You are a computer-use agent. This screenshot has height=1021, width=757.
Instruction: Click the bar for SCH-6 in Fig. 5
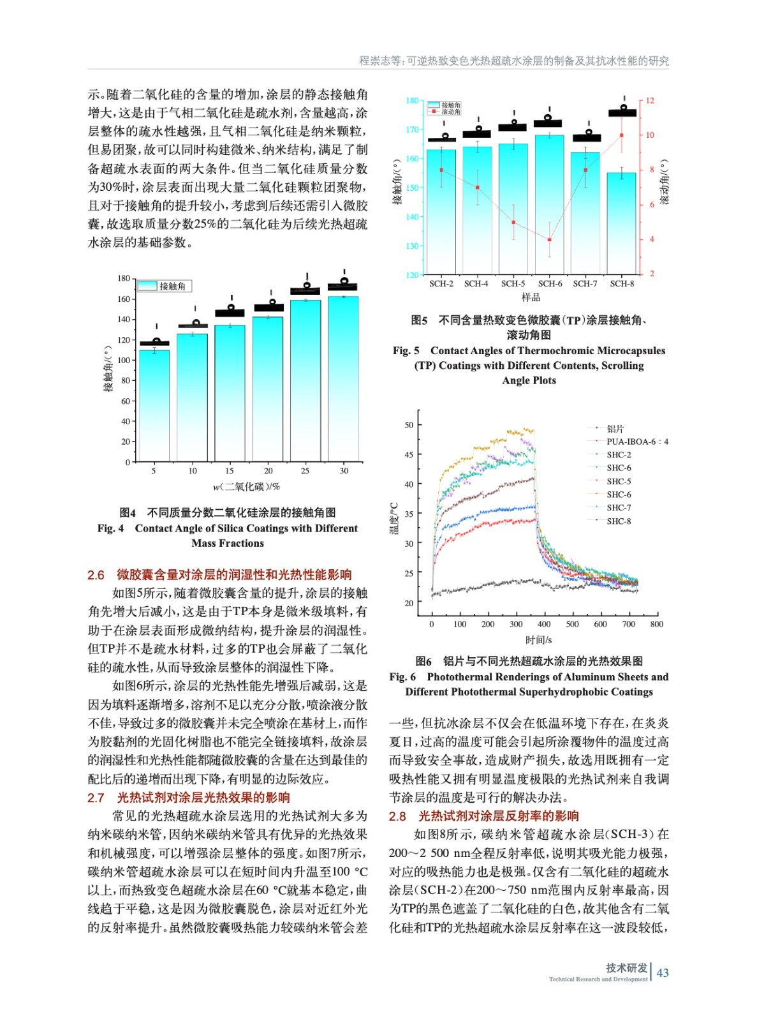pos(549,204)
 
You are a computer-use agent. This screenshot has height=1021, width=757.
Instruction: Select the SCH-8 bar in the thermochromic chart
pos(621,223)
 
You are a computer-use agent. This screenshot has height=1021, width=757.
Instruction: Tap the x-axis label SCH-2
pos(441,284)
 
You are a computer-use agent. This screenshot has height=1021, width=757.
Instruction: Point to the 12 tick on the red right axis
pos(650,101)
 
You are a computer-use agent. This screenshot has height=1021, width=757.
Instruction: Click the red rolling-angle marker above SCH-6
pos(550,240)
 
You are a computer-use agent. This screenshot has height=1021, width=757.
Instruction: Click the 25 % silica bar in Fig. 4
pos(305,380)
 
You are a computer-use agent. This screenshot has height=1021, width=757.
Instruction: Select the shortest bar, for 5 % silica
pos(154,405)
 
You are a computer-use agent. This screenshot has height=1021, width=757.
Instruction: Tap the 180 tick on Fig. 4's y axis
pos(124,278)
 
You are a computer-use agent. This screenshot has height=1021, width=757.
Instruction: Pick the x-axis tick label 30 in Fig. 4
pos(344,471)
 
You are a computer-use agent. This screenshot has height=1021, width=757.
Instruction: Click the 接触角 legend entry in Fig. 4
pos(165,287)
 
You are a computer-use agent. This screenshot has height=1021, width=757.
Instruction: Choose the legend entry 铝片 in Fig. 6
pos(615,429)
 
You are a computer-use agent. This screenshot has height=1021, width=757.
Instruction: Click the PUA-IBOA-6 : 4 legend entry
pos(636,442)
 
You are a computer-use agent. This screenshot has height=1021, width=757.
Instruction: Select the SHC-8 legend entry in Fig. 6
pos(618,521)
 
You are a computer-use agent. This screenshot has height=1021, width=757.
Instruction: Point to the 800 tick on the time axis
pos(656,624)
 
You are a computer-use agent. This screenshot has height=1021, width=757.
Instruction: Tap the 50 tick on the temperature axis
pos(409,425)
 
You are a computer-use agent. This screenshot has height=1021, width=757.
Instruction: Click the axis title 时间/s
pos(538,640)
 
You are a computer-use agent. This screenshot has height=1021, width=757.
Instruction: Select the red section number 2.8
pos(397,816)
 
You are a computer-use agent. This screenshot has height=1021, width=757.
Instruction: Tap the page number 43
pos(663,973)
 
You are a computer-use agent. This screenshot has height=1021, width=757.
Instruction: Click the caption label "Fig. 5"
pos(406,351)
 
